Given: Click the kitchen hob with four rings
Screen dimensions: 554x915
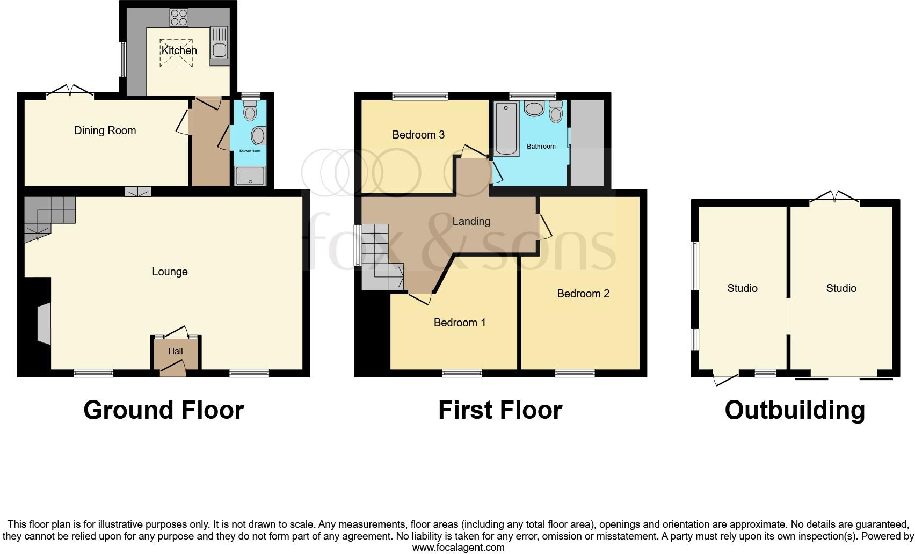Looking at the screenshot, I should (179, 18).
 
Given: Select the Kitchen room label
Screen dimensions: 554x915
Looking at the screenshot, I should (179, 50).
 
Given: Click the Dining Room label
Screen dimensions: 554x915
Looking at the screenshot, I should (105, 130).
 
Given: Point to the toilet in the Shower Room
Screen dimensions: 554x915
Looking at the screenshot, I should (250, 112).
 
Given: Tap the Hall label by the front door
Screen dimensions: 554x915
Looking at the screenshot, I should (176, 352).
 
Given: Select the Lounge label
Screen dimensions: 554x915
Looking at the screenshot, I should (170, 272).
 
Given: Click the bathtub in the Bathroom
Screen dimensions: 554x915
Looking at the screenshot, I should (506, 129).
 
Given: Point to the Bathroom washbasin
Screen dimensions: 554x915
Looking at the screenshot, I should (534, 109).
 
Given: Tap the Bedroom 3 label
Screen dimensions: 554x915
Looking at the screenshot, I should (418, 135).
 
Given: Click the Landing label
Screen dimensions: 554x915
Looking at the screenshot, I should (471, 221).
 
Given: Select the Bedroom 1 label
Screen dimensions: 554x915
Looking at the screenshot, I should (460, 323).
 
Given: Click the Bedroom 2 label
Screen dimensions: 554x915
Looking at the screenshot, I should (583, 294).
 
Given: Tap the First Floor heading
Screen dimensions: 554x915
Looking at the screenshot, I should (500, 410).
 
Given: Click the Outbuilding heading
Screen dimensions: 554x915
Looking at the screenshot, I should (795, 410).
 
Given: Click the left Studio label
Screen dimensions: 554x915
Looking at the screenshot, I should (742, 288).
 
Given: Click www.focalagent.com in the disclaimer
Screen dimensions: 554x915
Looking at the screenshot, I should (458, 548).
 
